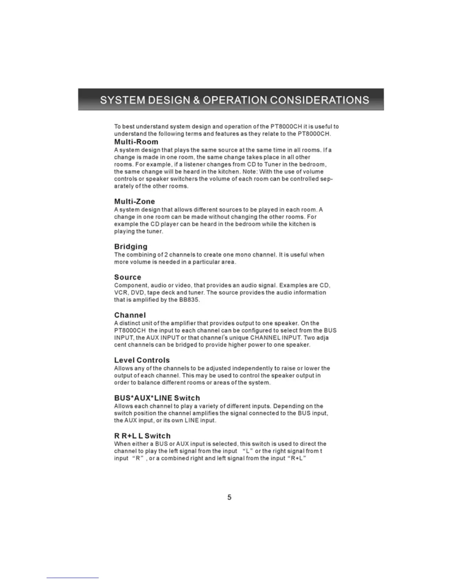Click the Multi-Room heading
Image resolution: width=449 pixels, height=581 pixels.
[x=136, y=142]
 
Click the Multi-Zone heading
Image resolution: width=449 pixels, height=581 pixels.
[x=134, y=201]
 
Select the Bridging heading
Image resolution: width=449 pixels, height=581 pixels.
[x=131, y=246]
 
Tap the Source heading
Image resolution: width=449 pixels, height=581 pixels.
[x=127, y=277]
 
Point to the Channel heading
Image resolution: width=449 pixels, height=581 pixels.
[x=130, y=315]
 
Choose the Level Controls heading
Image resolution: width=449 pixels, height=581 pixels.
[x=142, y=360]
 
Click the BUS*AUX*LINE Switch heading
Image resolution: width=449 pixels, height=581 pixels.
[x=157, y=398]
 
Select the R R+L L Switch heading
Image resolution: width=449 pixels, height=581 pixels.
[x=142, y=436]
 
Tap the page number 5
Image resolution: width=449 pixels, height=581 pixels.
[x=229, y=497]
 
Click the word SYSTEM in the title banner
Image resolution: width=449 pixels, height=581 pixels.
[x=123, y=100]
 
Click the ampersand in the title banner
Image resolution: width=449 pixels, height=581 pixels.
[x=196, y=100]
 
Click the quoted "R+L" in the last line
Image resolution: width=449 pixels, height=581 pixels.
[x=296, y=458]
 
